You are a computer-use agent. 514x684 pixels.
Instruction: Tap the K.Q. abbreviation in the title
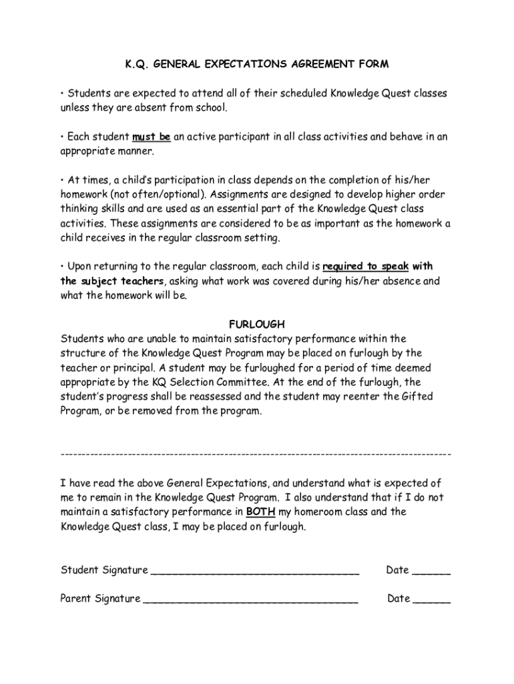pos(138,64)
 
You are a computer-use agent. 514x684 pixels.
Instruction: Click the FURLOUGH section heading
pos(257,324)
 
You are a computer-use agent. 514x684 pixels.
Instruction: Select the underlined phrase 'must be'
pos(152,137)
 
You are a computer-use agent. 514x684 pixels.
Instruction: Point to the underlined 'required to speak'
pos(365,267)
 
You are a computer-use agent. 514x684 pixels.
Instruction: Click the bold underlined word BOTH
pos(260,512)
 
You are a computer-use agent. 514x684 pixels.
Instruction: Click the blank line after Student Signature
pos(255,571)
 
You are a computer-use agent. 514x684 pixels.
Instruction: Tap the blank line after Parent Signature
pos(250,599)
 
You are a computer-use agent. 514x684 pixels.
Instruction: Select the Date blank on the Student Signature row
pos(432,571)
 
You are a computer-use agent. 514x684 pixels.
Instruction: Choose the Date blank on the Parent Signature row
pos(432,599)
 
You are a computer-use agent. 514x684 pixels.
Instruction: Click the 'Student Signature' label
pos(104,570)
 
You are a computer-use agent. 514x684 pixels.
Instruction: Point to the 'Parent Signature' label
pos(100,598)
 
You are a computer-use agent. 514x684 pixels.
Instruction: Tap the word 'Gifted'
pos(417,396)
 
